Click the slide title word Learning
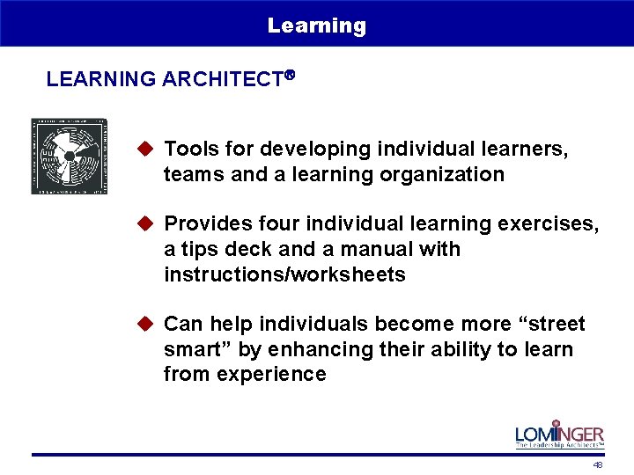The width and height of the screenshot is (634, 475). point(317,26)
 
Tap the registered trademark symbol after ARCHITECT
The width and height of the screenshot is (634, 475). point(288,77)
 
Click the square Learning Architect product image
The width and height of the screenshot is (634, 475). point(70,156)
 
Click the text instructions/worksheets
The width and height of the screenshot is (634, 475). point(284,274)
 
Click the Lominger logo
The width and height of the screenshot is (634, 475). point(560,434)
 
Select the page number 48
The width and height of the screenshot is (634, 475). point(598,464)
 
